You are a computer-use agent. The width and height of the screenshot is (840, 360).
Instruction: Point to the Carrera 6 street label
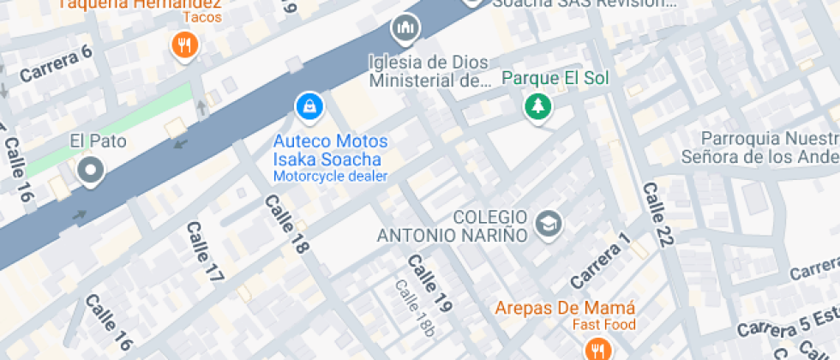click(55, 64)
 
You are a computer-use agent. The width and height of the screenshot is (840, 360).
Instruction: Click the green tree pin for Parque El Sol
click(538, 106)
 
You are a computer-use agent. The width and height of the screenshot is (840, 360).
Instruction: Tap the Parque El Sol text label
click(555, 79)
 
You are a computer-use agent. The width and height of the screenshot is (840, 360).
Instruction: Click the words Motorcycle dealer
click(330, 177)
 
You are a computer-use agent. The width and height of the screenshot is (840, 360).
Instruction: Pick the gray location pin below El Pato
click(89, 171)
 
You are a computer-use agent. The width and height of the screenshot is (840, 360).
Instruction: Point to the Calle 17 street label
click(205, 253)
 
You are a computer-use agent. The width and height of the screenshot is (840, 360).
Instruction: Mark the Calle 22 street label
click(655, 214)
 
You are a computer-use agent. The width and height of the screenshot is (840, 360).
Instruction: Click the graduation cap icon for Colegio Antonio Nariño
click(546, 225)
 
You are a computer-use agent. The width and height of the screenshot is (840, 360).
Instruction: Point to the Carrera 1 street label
click(600, 260)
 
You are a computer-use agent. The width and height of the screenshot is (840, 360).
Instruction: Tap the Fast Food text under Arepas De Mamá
click(604, 325)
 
